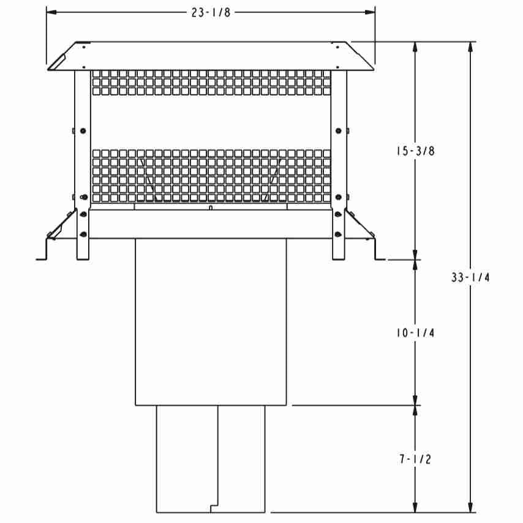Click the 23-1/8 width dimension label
(x=211, y=12)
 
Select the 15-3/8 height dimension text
(x=416, y=151)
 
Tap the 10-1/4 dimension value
(x=416, y=333)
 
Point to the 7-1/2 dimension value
(x=416, y=459)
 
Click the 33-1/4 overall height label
(x=470, y=277)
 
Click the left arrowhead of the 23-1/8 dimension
(x=51, y=12)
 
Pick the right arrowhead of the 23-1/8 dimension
(x=370, y=12)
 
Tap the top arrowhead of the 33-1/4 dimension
(x=470, y=47)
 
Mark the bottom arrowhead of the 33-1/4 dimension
(x=470, y=507)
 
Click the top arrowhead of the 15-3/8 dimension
(x=415, y=47)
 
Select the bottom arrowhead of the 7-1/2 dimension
(x=415, y=507)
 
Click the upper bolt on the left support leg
(x=83, y=131)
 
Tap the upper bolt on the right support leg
(x=339, y=130)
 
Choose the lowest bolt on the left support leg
(x=83, y=235)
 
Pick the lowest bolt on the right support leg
(x=338, y=235)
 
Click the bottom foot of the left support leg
(x=83, y=258)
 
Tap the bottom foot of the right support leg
(x=339, y=258)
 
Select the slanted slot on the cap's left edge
(x=59, y=62)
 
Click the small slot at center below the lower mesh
(x=211, y=208)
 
